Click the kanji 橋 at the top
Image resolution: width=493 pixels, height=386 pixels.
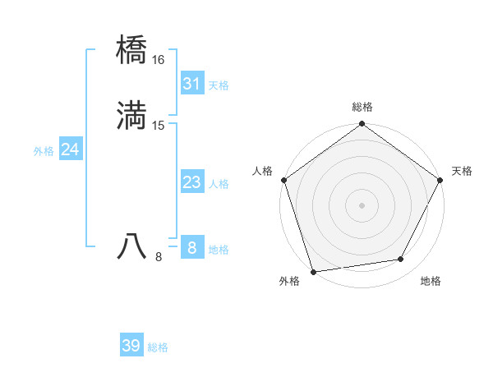click(x=132, y=50)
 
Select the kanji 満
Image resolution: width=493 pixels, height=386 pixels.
click(x=132, y=116)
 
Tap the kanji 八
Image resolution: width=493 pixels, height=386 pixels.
click(x=132, y=246)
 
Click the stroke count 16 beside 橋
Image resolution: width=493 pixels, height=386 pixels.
click(x=158, y=60)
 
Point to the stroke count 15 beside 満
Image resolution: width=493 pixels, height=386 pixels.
click(x=158, y=126)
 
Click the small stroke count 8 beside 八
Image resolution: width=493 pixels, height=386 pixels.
click(x=159, y=257)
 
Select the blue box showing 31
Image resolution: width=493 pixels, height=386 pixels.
click(x=191, y=84)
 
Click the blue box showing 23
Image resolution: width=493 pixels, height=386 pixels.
click(x=191, y=182)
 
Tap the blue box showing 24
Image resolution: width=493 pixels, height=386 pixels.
click(x=70, y=149)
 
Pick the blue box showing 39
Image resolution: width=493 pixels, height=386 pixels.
click(x=131, y=346)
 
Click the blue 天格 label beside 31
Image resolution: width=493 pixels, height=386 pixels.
click(x=219, y=85)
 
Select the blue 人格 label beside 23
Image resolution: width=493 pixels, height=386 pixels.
click(x=219, y=184)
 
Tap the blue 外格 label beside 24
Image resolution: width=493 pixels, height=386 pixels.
click(x=44, y=151)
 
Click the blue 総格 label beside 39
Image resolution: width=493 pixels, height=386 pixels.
click(x=158, y=347)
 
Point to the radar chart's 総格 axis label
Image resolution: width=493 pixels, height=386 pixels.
click(x=362, y=107)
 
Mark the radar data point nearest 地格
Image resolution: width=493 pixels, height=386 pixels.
click(x=401, y=259)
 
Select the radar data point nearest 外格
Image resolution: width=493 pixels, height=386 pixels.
click(x=313, y=271)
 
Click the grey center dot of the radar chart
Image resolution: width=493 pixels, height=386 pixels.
click(x=362, y=204)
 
